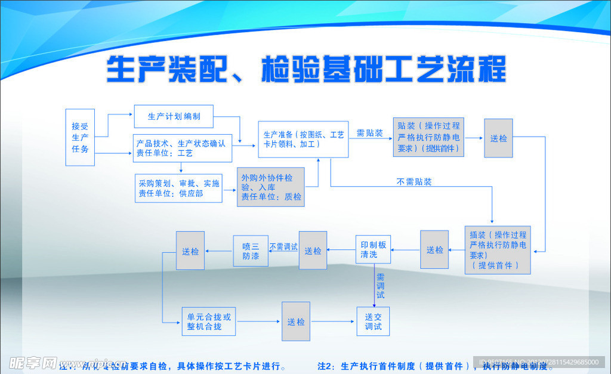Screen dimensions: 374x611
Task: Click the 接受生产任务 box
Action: click(80, 137)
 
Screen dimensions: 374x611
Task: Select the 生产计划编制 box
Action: click(174, 116)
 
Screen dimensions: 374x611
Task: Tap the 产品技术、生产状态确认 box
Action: click(180, 148)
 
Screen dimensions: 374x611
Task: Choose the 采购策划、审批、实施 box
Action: click(178, 188)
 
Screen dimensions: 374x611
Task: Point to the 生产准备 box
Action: click(303, 140)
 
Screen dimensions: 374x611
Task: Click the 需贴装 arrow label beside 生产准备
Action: click(370, 133)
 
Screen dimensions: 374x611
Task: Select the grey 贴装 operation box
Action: click(428, 137)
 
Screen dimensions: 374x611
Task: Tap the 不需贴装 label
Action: click(414, 181)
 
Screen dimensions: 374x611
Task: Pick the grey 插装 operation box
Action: click(498, 249)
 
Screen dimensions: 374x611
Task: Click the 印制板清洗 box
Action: click(374, 249)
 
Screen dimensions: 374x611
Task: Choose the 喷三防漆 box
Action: click(251, 251)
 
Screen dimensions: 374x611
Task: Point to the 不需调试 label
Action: click(283, 246)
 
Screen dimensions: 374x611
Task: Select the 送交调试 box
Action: click(373, 321)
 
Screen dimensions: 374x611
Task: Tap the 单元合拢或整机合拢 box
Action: click(208, 322)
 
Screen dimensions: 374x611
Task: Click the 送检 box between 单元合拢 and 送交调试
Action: click(296, 322)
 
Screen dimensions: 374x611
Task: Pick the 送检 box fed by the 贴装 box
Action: click(498, 138)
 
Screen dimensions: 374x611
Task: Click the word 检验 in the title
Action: click(289, 69)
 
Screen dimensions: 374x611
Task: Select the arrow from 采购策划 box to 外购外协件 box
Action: click(230, 190)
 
